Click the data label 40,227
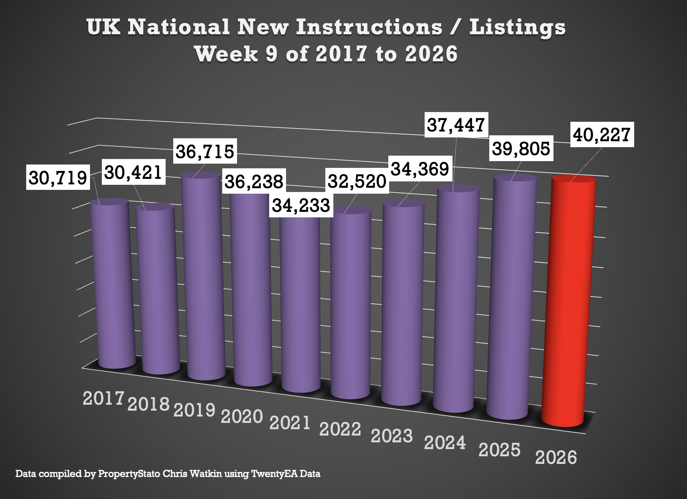[x=602, y=134]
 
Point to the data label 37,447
[x=456, y=125]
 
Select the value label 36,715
[x=205, y=151]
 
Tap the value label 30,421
[x=133, y=173]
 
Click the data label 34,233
[x=301, y=205]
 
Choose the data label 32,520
[x=357, y=181]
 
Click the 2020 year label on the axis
[x=242, y=417]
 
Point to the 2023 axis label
[x=392, y=436]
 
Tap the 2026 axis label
[x=556, y=458]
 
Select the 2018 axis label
[x=148, y=404]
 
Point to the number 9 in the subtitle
[x=272, y=54]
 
